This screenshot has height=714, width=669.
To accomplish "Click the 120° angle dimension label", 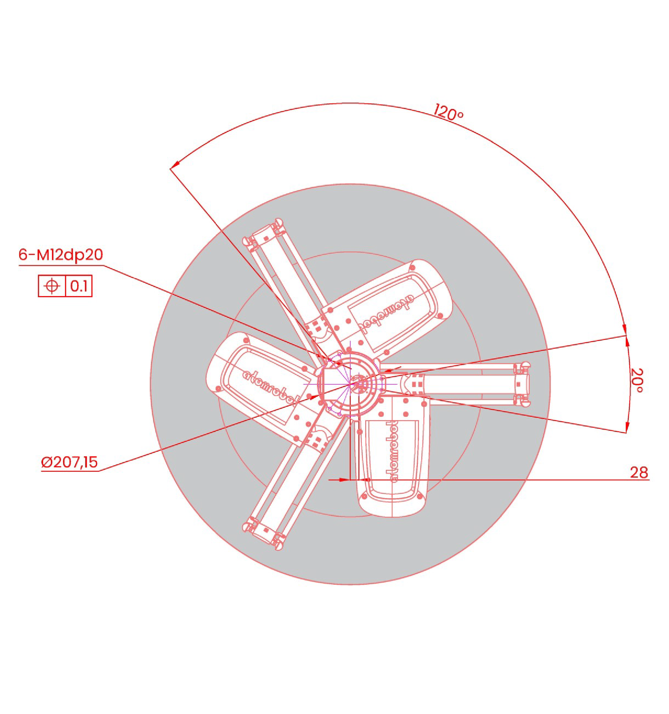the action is point(449,112).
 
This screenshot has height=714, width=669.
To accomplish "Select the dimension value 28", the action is point(639,472).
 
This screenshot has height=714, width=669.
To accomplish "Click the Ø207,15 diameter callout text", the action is point(69,462).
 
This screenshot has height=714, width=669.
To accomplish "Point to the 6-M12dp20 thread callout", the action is point(61,254).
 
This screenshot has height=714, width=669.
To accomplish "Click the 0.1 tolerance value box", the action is point(79,286).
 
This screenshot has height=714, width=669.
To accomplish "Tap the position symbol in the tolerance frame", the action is point(52,286).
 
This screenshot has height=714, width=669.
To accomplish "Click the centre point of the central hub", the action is point(350,384).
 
